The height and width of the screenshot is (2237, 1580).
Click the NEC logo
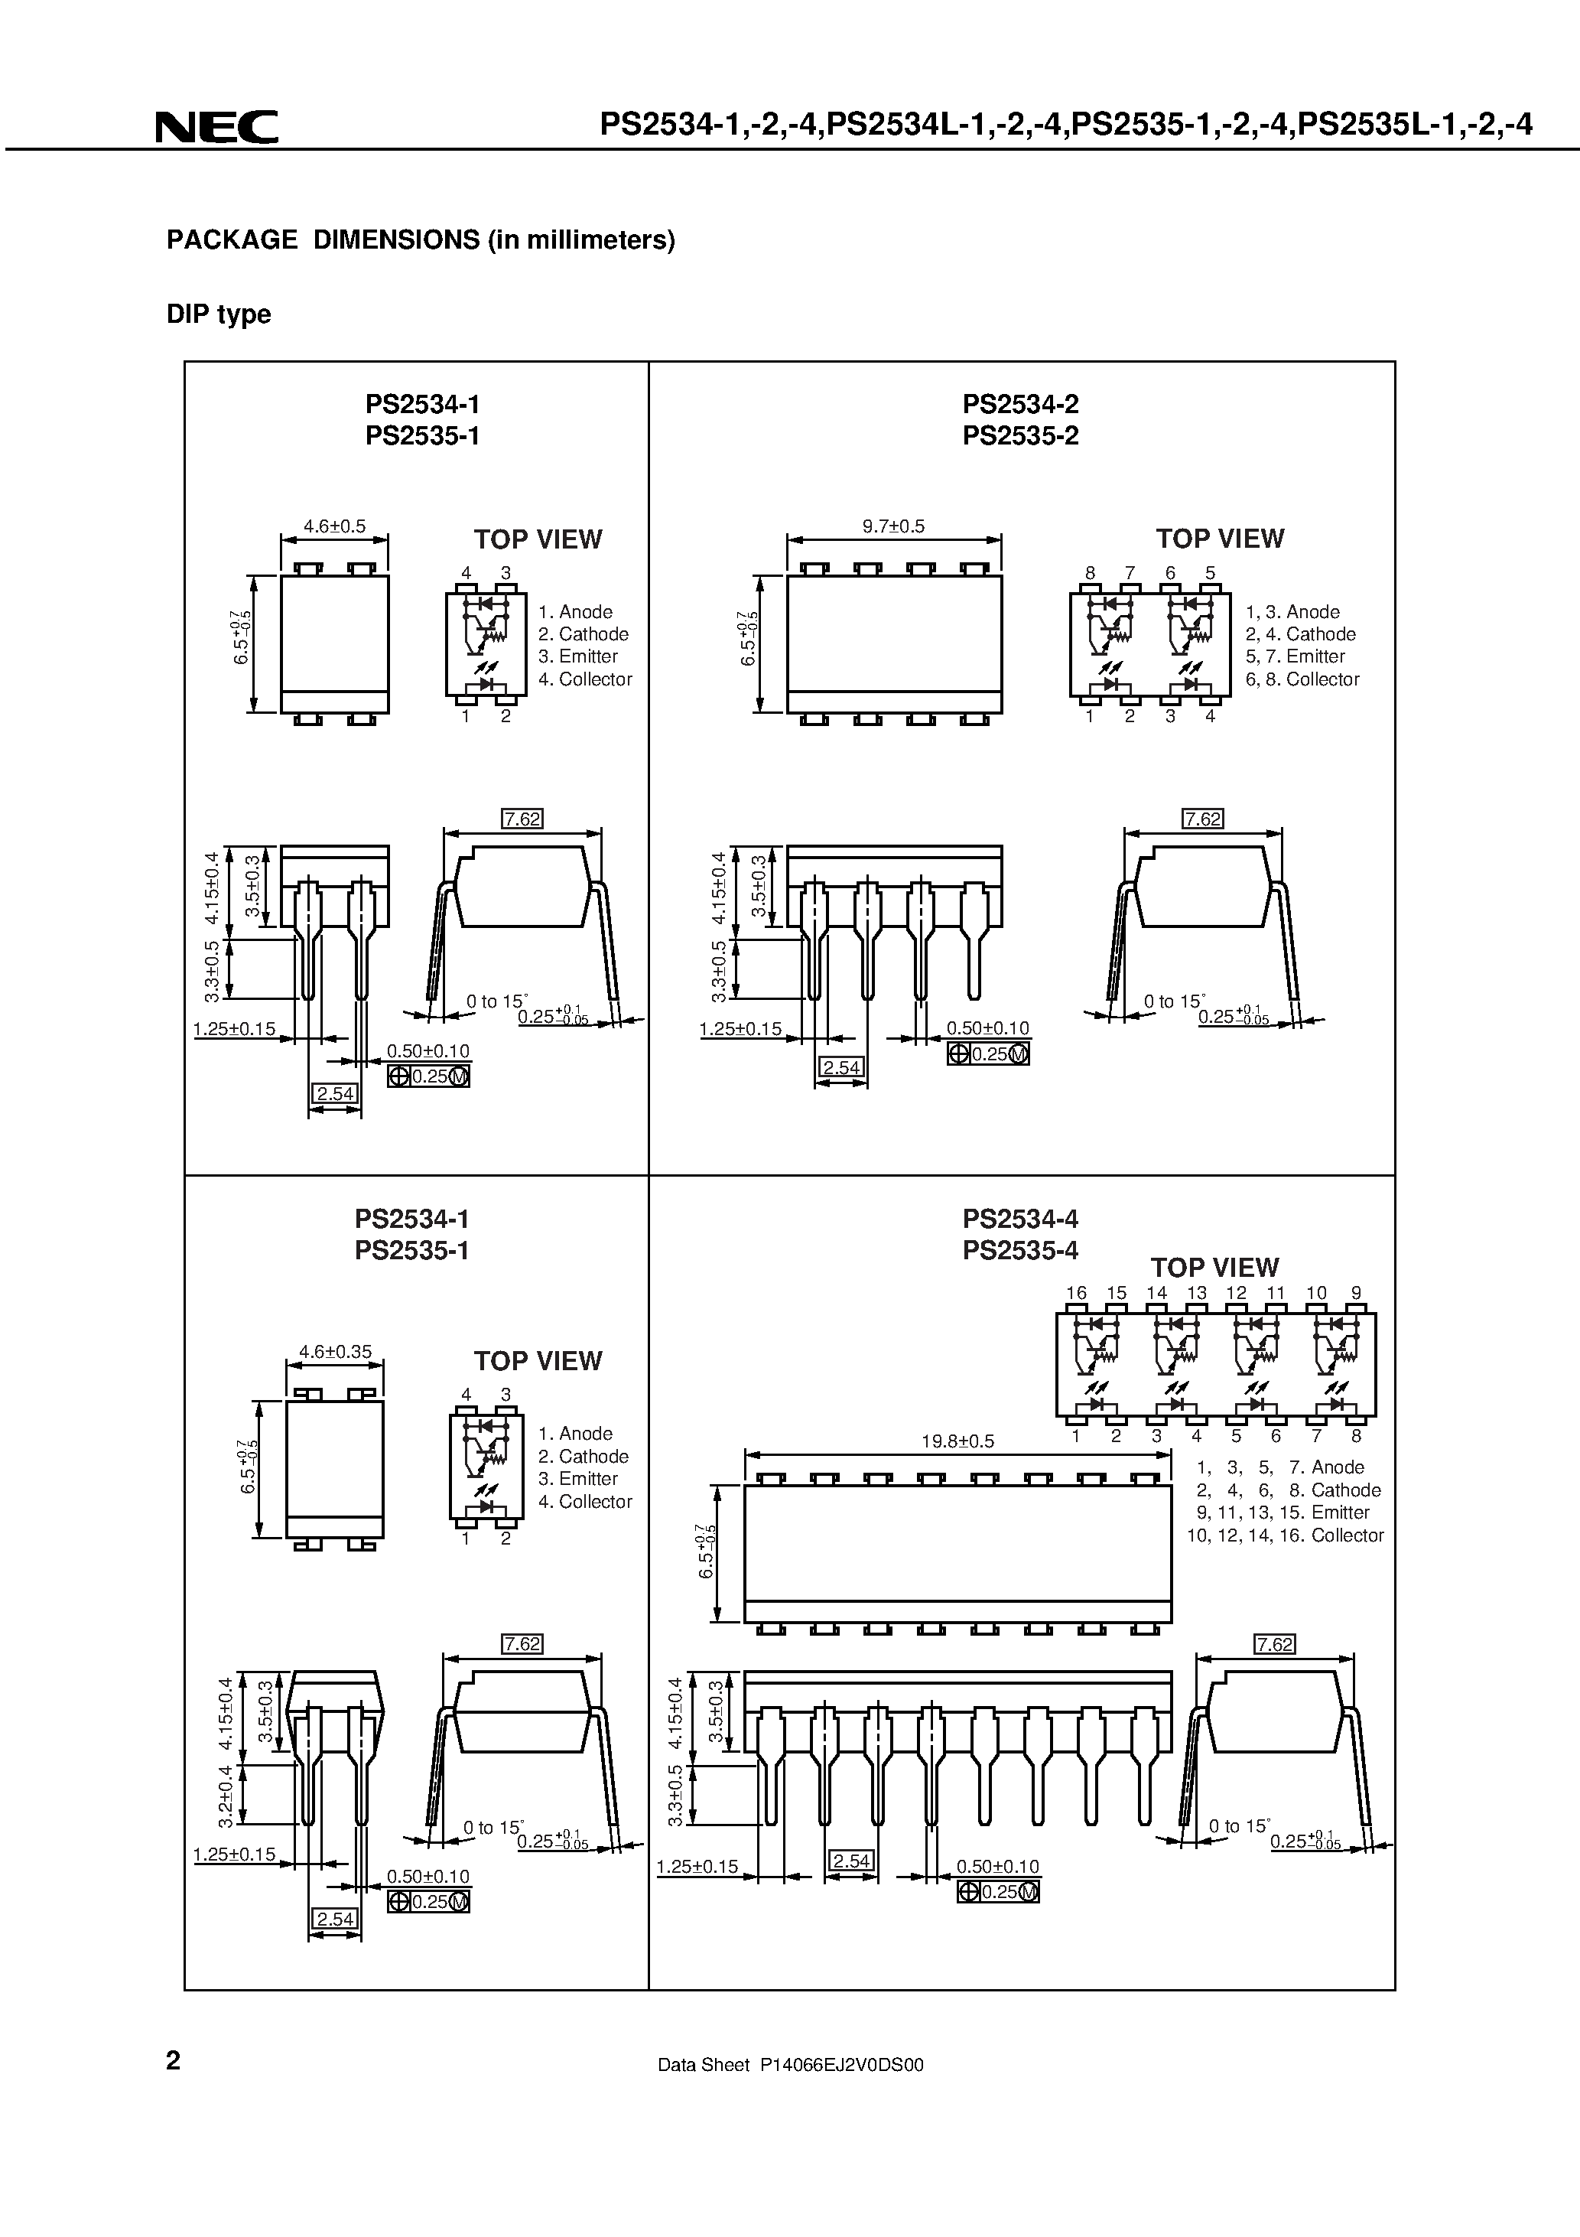pos(216,128)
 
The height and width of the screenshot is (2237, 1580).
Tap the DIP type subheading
pos(218,314)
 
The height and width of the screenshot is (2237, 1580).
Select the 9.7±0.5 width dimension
pos(893,526)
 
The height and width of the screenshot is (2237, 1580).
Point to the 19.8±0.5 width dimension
pos(957,1441)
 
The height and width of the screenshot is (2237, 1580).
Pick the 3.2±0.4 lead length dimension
pos(225,1796)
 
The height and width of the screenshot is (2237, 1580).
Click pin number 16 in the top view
pos(1075,1293)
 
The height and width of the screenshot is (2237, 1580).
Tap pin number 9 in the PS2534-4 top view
pos(1356,1293)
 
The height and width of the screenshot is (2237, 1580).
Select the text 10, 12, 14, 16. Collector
pos(1285,1535)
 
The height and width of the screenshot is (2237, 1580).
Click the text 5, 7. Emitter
pos(1295,656)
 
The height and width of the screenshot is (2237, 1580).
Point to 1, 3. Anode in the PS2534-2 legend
pos(1292,612)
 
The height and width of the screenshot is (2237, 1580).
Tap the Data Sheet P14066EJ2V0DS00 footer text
pos(790,2065)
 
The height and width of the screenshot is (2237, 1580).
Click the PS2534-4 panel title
pos(1020,1219)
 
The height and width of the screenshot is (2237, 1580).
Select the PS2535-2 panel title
pos(1020,435)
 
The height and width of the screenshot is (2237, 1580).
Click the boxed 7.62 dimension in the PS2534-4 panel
pos(1274,1645)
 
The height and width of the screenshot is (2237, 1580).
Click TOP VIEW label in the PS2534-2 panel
pos(1220,539)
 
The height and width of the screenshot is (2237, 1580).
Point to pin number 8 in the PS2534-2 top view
pos(1090,573)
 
